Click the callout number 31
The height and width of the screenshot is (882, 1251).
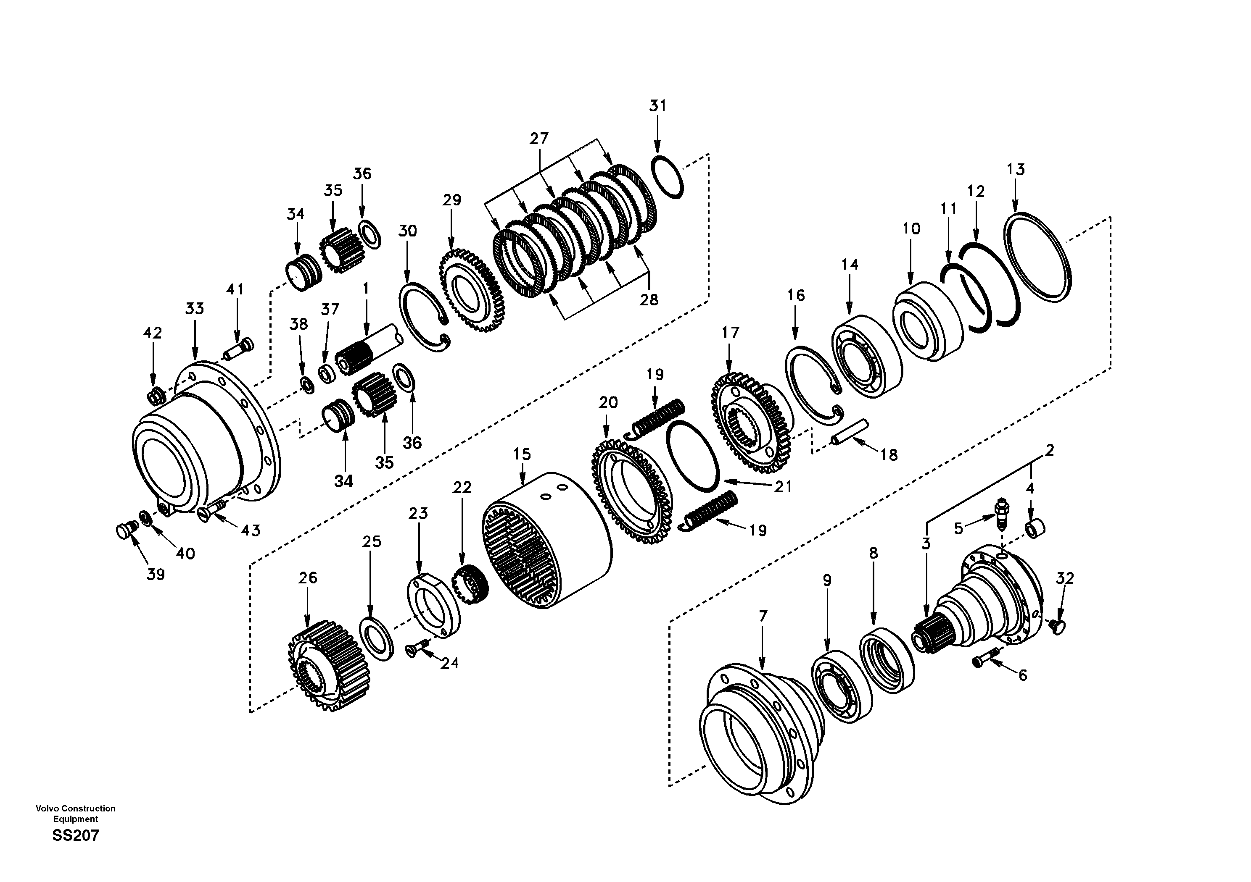pos(657,105)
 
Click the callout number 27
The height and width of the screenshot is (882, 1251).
pos(539,138)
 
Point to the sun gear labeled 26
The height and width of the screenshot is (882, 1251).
pos(329,665)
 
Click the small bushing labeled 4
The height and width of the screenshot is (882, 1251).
pos(1035,528)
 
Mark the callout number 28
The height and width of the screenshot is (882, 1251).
pos(648,299)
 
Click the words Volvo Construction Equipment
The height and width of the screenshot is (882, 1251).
pos(76,814)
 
